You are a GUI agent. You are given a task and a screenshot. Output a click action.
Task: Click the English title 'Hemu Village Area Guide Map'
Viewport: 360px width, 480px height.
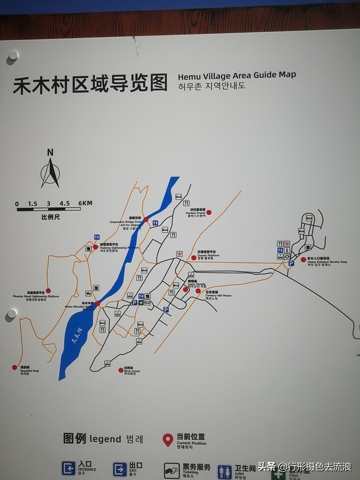coord(237,75)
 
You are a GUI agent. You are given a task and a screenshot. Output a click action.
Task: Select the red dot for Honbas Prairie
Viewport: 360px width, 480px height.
coord(209,212)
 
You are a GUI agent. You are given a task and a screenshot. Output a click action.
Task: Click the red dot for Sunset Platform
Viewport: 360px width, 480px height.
coord(194,257)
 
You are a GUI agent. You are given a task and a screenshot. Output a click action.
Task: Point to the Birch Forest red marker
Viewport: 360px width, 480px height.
coord(121,370)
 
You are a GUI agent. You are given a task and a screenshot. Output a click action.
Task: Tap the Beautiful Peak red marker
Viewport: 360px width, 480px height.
coord(15,367)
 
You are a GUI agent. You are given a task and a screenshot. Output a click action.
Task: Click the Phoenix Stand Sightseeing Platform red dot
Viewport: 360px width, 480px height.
coord(48,291)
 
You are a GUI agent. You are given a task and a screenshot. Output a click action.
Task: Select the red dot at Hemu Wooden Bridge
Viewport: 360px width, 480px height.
coord(97,303)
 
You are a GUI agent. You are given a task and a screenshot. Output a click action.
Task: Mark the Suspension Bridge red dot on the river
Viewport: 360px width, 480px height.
coord(146,219)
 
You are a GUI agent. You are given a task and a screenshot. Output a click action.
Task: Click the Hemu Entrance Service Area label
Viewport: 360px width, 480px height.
coord(327,260)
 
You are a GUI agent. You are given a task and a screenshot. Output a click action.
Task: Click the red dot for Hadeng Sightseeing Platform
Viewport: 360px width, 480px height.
coord(95,247)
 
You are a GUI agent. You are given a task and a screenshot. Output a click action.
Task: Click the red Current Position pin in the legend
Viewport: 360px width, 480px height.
coord(167,439)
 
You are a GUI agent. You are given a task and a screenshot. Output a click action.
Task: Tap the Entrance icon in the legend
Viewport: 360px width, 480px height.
coord(68,468)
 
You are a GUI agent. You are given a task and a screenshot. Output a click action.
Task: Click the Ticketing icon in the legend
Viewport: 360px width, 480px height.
coord(172,470)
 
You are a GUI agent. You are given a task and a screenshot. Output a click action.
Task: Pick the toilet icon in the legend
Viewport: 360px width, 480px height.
coord(224,471)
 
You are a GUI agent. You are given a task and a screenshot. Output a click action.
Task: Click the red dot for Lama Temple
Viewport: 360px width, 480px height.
coord(185,289)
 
